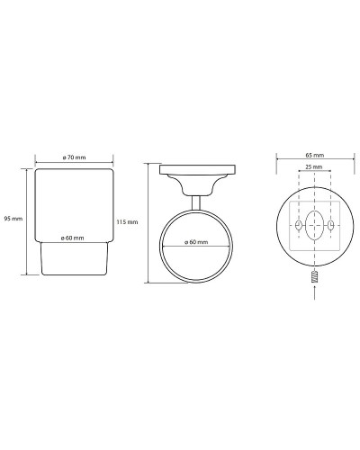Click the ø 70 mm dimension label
point(74,157)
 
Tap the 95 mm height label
point(13,219)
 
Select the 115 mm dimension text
point(127,222)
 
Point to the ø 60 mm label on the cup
point(72,238)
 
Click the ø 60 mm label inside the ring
point(196,242)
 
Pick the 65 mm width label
point(315,155)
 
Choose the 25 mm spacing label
point(314,166)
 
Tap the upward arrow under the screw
point(314,292)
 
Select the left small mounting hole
point(298,225)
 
